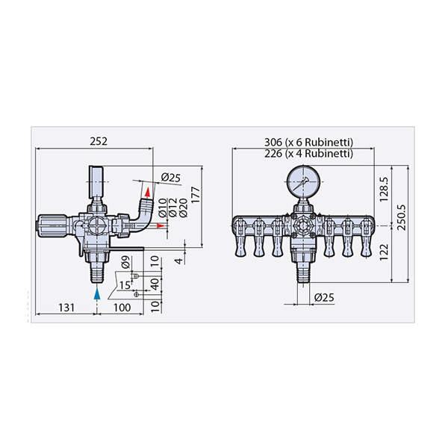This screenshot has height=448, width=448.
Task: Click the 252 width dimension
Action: (x=99, y=141)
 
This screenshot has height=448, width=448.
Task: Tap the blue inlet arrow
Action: (x=97, y=293)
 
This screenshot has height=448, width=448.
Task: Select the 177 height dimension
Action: (x=196, y=195)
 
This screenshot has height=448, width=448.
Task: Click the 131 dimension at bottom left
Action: (x=66, y=308)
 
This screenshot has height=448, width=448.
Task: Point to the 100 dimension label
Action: (x=122, y=308)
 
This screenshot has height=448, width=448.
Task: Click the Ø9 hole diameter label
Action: (x=125, y=262)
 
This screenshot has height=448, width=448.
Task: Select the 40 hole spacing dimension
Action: (x=155, y=284)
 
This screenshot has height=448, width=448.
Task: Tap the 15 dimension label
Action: (x=125, y=285)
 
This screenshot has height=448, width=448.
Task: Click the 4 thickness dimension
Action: (x=178, y=261)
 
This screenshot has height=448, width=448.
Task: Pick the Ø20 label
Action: (x=183, y=208)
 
